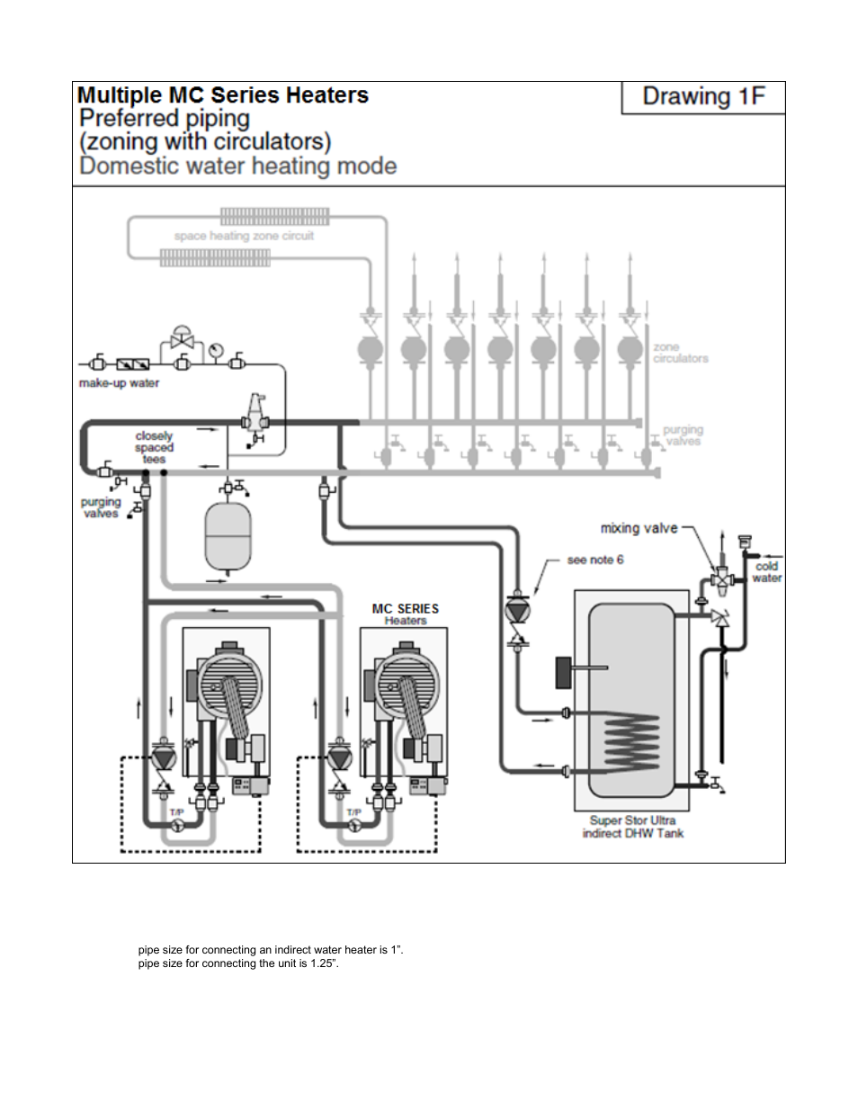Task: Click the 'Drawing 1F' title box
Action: (x=703, y=97)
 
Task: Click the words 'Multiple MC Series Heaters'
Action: (x=223, y=95)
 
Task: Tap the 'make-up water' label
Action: (x=119, y=383)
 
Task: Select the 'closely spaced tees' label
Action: (x=154, y=447)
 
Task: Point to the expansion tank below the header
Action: (x=228, y=537)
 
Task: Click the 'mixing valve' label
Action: (x=639, y=528)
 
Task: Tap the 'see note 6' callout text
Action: (x=594, y=560)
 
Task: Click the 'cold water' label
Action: (x=766, y=572)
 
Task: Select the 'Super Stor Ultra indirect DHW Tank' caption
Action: (x=632, y=827)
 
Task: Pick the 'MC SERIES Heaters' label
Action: (x=406, y=614)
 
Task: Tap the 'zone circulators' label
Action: (x=680, y=353)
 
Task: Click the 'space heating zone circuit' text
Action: (x=244, y=236)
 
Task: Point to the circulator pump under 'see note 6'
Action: (x=518, y=610)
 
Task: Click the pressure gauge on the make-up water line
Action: (x=216, y=349)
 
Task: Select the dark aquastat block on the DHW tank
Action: (x=564, y=672)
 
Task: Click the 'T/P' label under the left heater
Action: (x=176, y=812)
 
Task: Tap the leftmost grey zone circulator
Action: (x=371, y=349)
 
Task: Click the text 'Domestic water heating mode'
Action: (x=238, y=166)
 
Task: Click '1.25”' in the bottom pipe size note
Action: (x=322, y=963)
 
